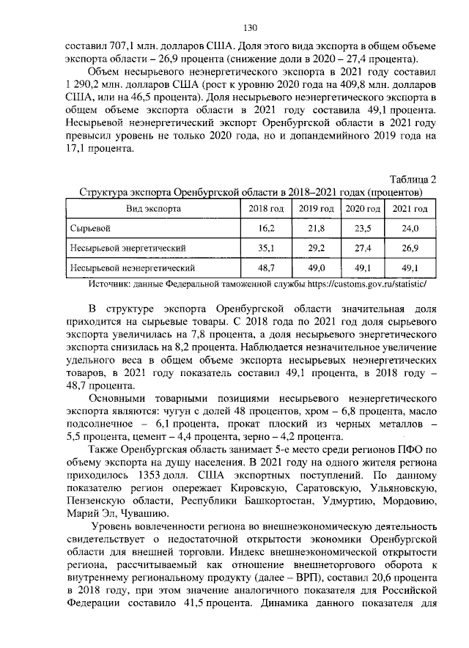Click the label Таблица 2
(x=413, y=179)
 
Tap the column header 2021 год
(x=410, y=209)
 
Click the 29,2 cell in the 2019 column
(x=316, y=248)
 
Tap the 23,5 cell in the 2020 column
(x=363, y=229)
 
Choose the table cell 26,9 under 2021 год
(x=410, y=248)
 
